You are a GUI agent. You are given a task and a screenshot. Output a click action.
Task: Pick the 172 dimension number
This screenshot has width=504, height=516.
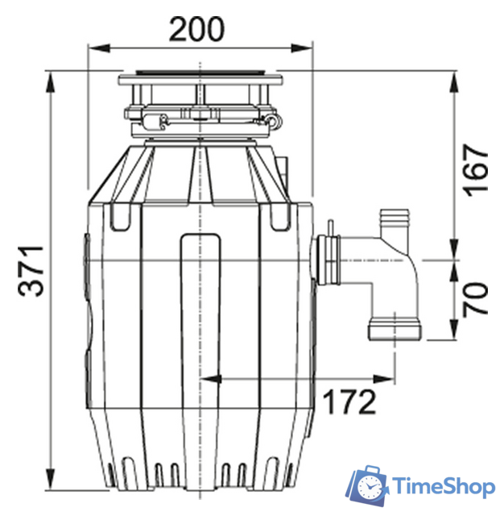pyautogui.click(x=349, y=400)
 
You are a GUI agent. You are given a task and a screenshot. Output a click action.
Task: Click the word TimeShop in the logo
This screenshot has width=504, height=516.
pyautogui.click(x=443, y=486)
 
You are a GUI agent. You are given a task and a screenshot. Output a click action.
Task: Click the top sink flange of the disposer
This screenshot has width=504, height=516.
pyautogui.click(x=200, y=80)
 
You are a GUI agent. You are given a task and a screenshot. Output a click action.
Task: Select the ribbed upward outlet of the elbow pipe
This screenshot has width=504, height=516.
pyautogui.click(x=395, y=221)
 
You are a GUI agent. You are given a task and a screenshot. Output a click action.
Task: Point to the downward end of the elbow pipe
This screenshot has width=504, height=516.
pyautogui.click(x=394, y=330)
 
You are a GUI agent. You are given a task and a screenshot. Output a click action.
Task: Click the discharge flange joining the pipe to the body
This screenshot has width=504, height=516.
pyautogui.click(x=326, y=260)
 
